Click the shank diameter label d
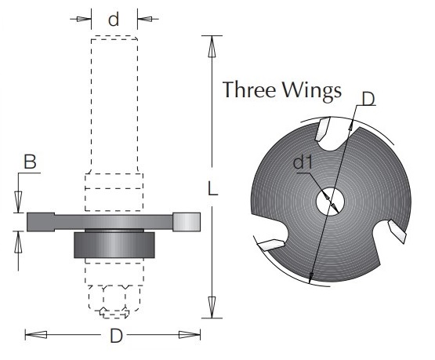point(114,19)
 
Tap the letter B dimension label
point(30,162)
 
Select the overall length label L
point(212,188)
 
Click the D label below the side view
point(116,336)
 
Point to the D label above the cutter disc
point(368,99)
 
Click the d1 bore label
point(303,162)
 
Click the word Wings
point(312,91)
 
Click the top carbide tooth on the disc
point(322,129)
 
